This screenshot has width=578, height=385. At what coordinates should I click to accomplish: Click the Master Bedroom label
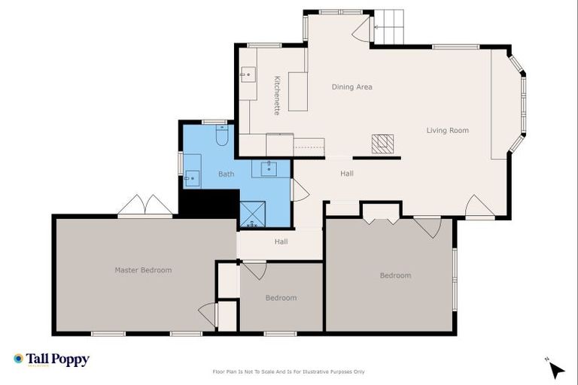pos(143,270)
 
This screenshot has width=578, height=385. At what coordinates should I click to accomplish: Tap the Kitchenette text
pos(277,95)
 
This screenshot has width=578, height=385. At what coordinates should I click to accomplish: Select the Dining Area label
pos(352,87)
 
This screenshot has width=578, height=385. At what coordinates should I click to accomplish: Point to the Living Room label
pos(447,131)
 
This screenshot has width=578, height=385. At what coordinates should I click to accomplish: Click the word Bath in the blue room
pos(226,174)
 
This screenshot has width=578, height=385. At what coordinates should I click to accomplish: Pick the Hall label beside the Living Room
pos(346,174)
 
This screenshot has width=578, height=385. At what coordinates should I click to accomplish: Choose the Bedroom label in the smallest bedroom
pos(281,298)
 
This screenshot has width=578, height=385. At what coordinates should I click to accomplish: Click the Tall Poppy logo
pos(51,359)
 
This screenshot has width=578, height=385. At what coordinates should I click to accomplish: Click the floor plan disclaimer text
pos(289,371)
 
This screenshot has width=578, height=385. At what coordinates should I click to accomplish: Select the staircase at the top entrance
pos(389,27)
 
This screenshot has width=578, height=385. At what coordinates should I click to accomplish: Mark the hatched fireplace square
pos(382,144)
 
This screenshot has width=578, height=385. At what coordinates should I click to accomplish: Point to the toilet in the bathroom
pos(222,135)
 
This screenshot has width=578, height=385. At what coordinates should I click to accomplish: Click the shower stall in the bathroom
pos(252,214)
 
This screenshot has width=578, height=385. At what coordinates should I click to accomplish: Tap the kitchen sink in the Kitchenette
pos(248,74)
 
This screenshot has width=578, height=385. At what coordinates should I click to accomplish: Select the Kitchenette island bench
pos(298,91)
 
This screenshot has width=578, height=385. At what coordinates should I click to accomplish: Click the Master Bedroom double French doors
pos(145,206)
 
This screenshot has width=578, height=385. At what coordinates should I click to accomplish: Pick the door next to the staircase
pos(362,30)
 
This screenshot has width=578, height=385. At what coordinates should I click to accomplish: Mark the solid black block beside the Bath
pos(208,203)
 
